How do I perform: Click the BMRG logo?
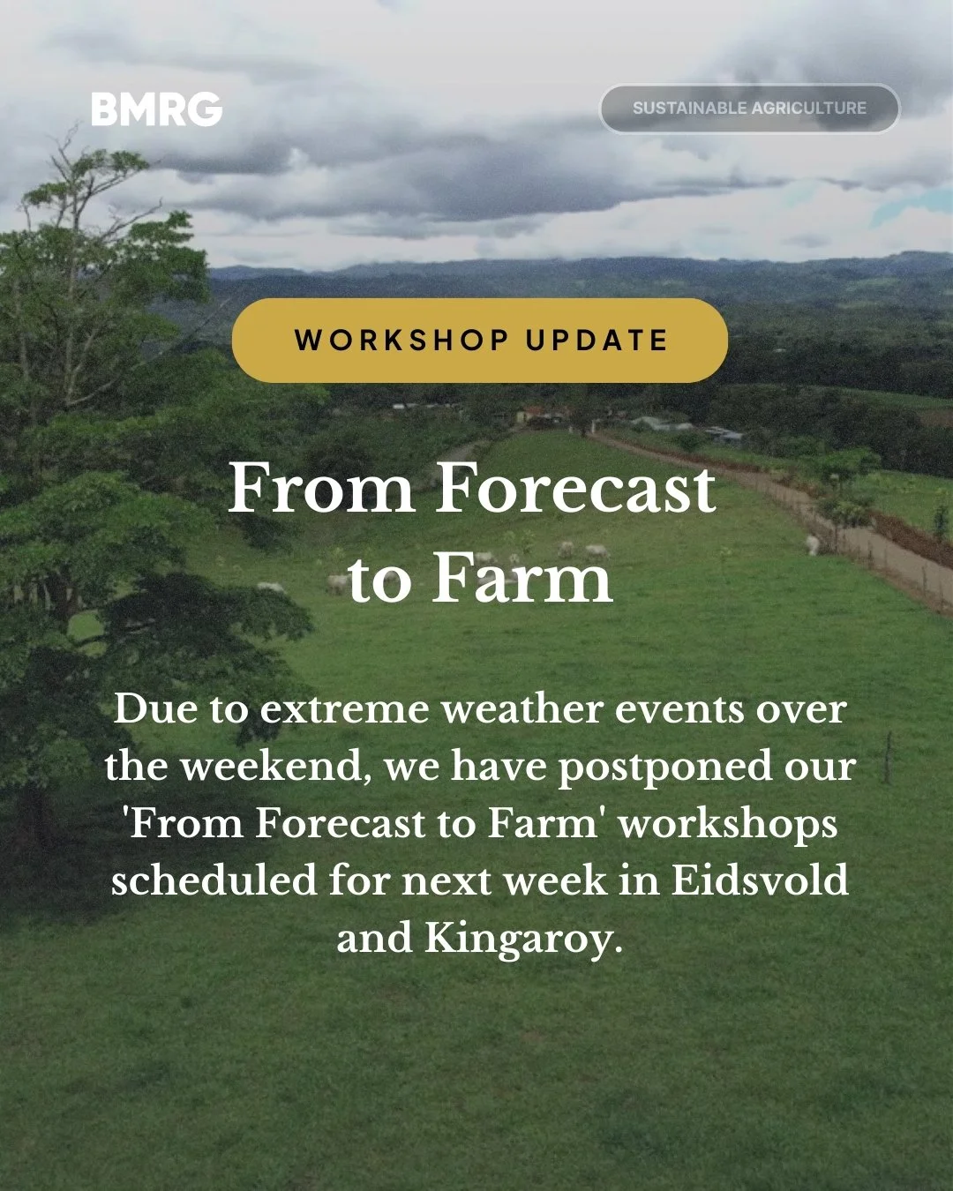(x=156, y=109)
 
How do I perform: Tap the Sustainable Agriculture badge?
(x=749, y=109)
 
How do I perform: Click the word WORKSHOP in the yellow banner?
(x=401, y=341)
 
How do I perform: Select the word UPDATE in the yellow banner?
(x=597, y=341)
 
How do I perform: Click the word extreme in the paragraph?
(x=344, y=709)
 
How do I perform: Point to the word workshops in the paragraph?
(x=727, y=824)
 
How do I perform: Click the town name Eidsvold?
(x=760, y=880)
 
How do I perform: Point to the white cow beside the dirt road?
(x=812, y=544)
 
